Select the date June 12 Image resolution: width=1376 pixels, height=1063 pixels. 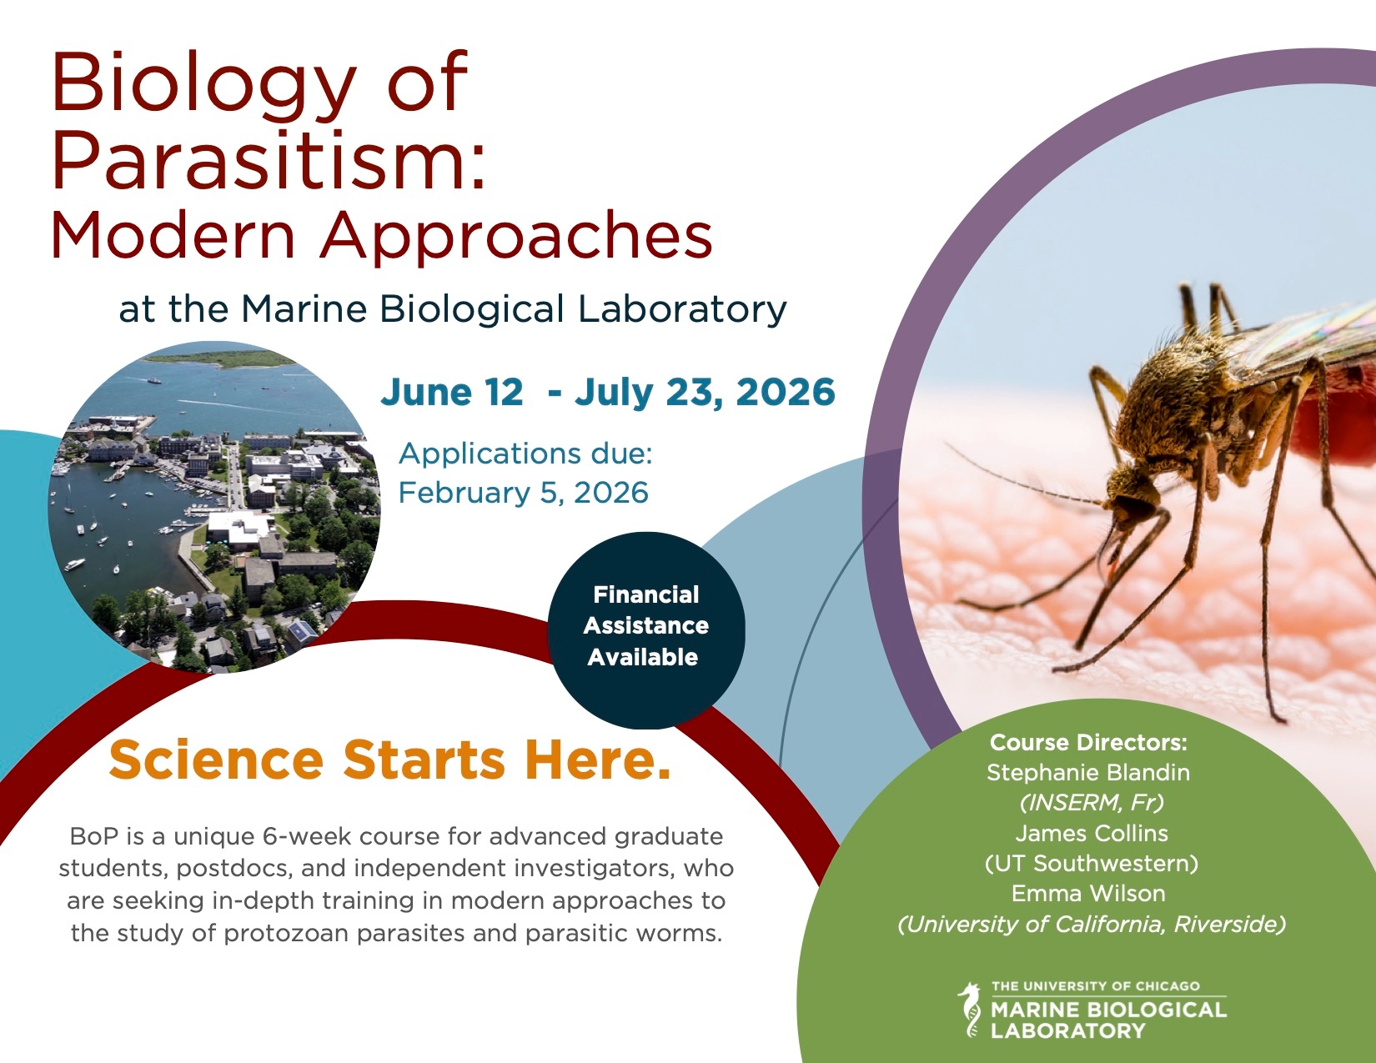tap(452, 392)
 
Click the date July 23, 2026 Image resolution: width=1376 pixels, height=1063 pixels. tap(705, 393)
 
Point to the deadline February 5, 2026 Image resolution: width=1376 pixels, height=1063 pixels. tap(524, 493)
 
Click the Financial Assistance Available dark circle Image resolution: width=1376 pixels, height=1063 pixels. tap(646, 630)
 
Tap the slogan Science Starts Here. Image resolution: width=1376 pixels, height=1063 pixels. tap(389, 760)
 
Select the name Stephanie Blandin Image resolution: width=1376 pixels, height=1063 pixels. tap(1088, 772)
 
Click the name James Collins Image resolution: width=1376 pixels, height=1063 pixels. tap(1092, 833)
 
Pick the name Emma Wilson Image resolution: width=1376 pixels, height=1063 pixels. tap(1088, 893)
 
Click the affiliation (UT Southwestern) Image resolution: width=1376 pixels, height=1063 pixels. tap(1092, 864)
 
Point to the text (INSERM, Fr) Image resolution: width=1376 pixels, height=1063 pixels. tap(1092, 803)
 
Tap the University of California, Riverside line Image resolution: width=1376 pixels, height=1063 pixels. tap(1092, 925)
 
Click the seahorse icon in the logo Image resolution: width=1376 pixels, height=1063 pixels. tap(970, 1009)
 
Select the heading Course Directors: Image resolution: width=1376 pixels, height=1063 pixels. tap(1088, 742)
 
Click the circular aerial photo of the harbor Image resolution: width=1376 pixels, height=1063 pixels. tap(214, 507)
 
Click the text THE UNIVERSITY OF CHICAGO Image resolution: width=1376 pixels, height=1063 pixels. tap(1096, 986)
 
